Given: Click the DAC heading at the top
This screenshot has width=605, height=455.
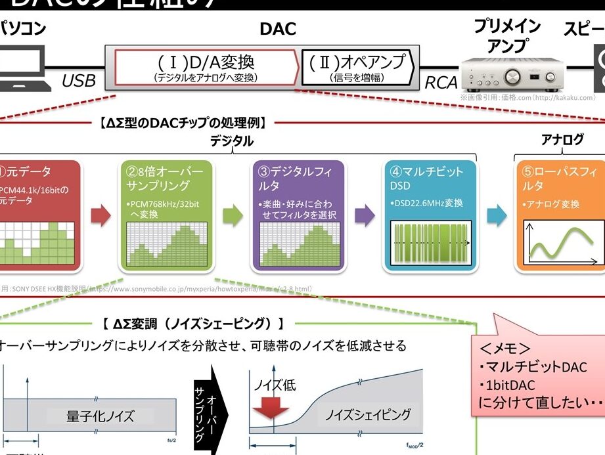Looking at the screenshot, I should coord(277,30).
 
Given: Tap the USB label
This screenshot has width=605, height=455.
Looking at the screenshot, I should coord(78,81).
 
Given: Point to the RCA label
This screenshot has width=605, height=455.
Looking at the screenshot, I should coord(441,83).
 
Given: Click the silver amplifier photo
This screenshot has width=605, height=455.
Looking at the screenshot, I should coord(512,70).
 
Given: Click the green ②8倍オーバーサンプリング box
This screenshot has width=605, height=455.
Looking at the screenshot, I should coord(166,215).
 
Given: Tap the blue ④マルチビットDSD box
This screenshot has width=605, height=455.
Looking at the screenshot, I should coord(431,215).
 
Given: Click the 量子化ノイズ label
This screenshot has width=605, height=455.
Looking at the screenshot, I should coord(100,416).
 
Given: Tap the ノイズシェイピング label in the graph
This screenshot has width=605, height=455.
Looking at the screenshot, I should coord(368,414).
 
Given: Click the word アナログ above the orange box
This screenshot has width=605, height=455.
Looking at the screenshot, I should coord(562,139).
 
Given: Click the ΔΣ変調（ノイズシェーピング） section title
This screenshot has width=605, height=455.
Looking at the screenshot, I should coord(193,324).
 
